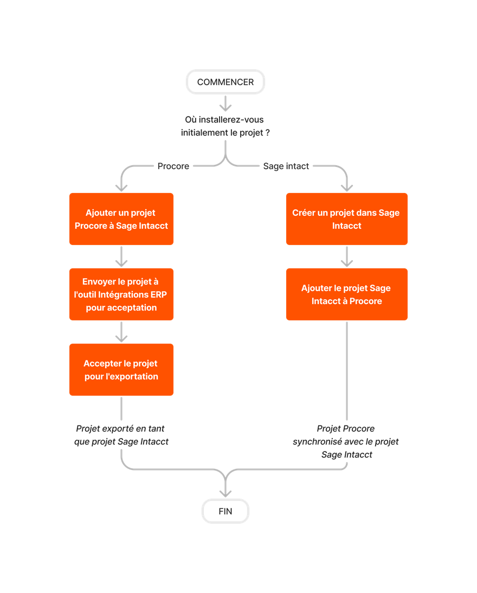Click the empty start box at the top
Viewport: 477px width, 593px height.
pos(225,82)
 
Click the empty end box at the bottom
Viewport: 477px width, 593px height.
pos(225,511)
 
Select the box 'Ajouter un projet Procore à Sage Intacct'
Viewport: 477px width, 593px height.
pos(121,219)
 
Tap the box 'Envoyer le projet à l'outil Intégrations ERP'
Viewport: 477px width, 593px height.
pos(121,294)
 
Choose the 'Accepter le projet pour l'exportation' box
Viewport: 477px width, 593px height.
pos(121,370)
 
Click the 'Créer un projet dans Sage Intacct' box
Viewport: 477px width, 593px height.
pos(346,219)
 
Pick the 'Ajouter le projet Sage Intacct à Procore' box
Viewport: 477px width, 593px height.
pos(346,294)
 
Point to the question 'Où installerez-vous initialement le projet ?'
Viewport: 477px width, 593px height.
pos(225,126)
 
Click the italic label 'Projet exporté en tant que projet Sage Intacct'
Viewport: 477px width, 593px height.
pos(121,435)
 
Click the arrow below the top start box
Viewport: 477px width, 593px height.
pos(225,103)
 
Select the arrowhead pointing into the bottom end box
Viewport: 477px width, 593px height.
pos(225,491)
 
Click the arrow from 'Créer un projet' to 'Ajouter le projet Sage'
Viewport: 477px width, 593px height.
pos(346,257)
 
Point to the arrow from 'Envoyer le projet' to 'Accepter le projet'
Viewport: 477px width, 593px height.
pos(121,332)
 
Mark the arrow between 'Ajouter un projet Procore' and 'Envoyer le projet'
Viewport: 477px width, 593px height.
pos(121,257)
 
